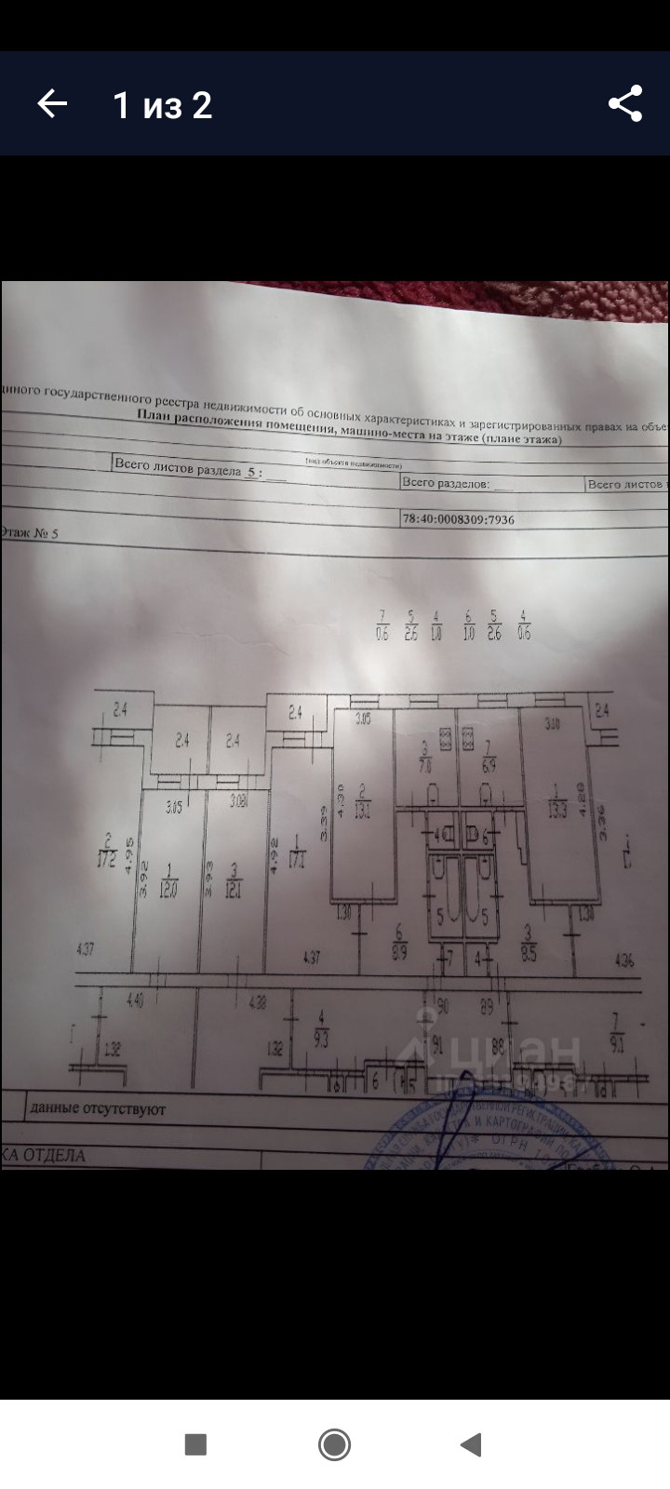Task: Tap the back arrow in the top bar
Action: click(x=52, y=103)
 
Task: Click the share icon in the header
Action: click(x=625, y=103)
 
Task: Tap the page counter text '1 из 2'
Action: click(x=163, y=105)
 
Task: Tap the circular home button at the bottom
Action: click(x=334, y=1444)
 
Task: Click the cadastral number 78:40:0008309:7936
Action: click(x=458, y=520)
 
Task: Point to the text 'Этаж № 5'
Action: click(x=30, y=533)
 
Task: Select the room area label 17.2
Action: click(x=109, y=856)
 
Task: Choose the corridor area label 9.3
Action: click(x=322, y=1036)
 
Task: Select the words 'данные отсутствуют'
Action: click(x=98, y=1109)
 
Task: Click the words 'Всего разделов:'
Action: click(x=445, y=483)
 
